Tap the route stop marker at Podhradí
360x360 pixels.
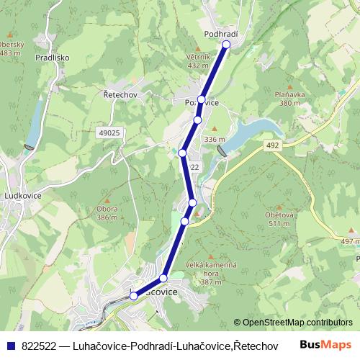tap(226, 45)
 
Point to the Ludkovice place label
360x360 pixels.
tap(24, 195)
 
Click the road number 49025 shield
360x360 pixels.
tap(109, 132)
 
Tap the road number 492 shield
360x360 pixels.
tap(271, 145)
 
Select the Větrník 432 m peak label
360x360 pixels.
tap(197, 60)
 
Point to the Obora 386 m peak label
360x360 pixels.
tap(107, 213)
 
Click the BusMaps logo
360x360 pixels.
tap(325, 345)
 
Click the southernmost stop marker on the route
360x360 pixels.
tap(133, 296)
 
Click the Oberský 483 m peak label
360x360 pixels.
tap(10, 48)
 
